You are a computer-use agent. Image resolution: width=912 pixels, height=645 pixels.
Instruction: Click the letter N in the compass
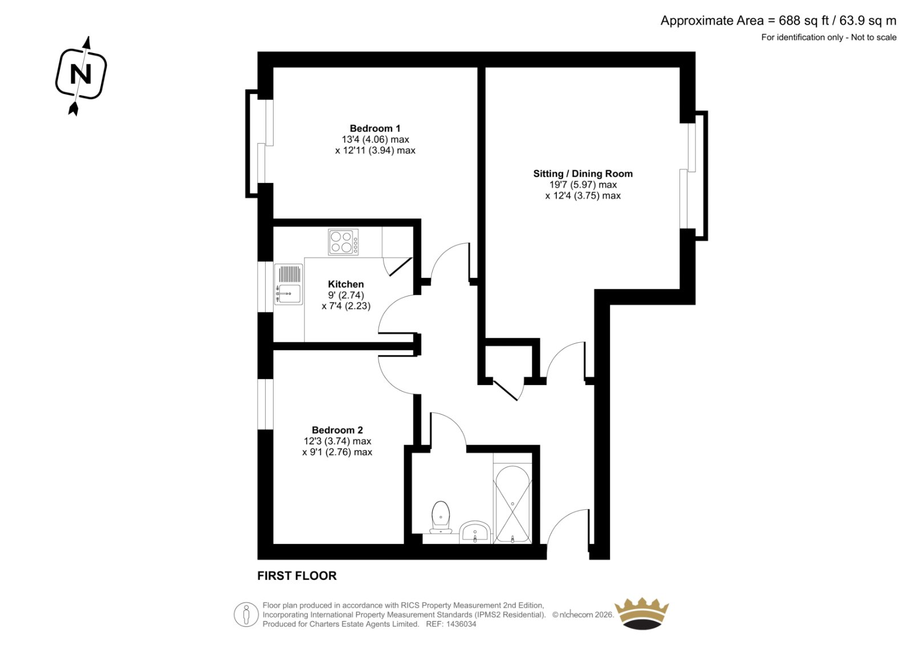(80, 75)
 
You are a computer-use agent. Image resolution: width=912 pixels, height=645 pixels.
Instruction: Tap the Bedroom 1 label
(375, 128)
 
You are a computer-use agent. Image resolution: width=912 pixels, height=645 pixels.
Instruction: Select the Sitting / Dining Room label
(583, 173)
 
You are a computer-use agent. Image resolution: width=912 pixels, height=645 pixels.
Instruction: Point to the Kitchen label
(345, 284)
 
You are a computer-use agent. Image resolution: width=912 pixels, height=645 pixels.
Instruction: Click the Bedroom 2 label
(337, 430)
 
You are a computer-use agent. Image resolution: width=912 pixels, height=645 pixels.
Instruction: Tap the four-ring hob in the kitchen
(343, 242)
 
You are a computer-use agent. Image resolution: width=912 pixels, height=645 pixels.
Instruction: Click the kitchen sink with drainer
(288, 285)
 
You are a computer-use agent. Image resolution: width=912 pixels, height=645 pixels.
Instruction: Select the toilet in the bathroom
(441, 517)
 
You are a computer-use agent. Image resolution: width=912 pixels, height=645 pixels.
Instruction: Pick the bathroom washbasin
(475, 532)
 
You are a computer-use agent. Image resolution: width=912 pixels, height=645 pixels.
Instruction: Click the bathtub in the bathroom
(512, 504)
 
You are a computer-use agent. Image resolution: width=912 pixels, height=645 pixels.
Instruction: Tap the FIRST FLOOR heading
(297, 576)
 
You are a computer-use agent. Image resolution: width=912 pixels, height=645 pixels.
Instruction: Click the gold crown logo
(642, 613)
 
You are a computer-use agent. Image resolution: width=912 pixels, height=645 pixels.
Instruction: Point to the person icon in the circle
(246, 614)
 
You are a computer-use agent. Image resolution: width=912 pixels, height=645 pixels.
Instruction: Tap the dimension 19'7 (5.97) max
(583, 185)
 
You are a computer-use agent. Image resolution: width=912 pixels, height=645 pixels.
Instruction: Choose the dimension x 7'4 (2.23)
(346, 306)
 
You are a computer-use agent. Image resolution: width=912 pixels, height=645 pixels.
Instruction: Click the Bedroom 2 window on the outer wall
(266, 404)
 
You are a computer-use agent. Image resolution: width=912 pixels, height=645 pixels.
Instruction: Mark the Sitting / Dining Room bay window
(695, 176)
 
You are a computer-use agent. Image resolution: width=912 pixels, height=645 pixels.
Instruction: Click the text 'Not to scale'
(873, 38)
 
